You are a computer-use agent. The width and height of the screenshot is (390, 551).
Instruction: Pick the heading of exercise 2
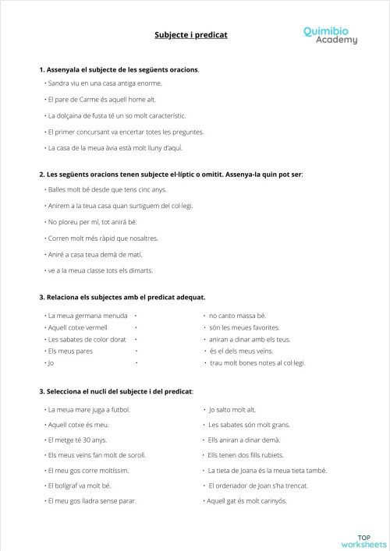pyautogui.click(x=171, y=174)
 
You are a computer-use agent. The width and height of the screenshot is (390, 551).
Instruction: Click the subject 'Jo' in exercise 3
pyautogui.click(x=51, y=363)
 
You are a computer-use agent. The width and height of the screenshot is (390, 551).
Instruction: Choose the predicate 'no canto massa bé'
pyautogui.click(x=237, y=316)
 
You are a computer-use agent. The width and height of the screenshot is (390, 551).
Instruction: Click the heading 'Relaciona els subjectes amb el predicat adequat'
pyautogui.click(x=122, y=297)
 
